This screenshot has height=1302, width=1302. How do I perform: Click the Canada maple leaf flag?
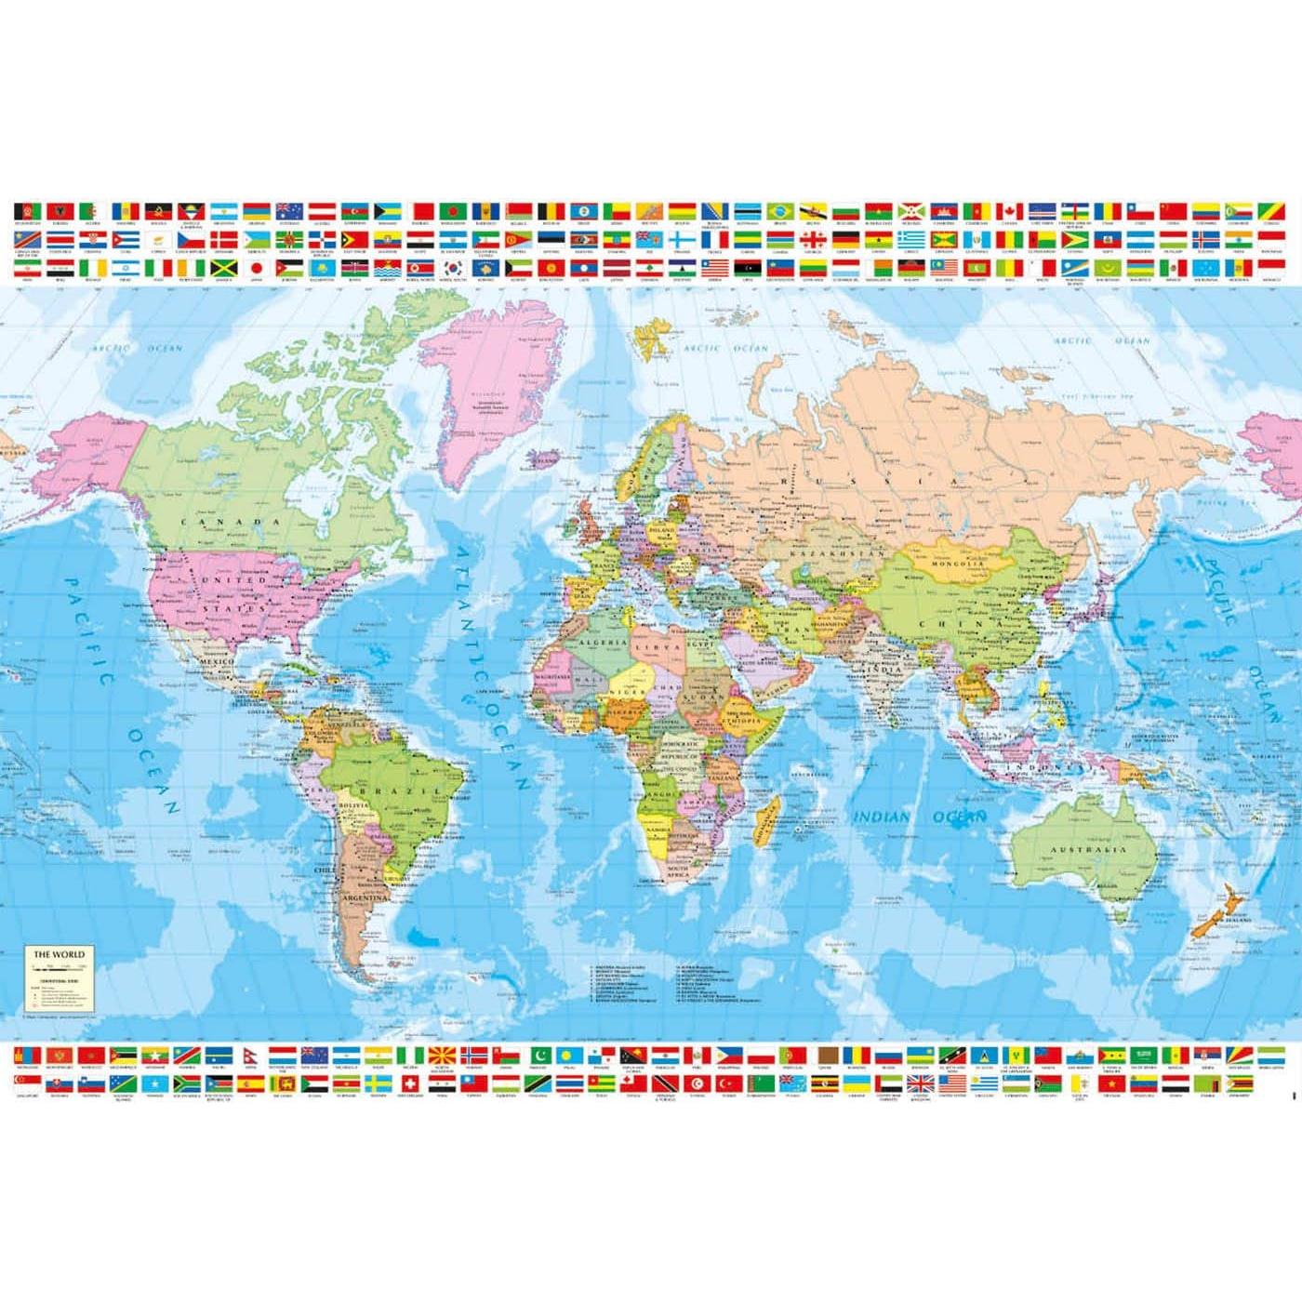coord(1010,211)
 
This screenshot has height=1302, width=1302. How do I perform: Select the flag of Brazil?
coord(780,211)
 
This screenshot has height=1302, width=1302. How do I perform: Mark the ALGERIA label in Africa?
coord(602,643)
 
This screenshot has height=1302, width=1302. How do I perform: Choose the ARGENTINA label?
coord(364,900)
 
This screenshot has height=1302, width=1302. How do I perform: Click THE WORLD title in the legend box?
coord(60,954)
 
